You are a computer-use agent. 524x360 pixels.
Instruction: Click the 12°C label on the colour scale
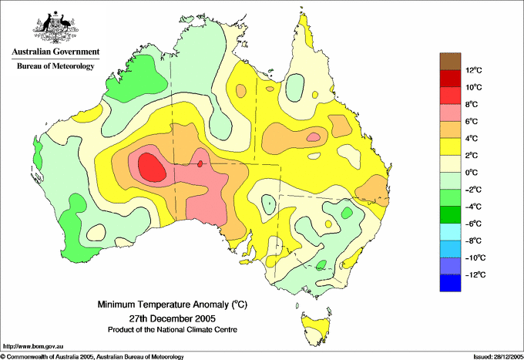click(474, 70)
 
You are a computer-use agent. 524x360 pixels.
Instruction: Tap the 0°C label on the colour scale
click(472, 173)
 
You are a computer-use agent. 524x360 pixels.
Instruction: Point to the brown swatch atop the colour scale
click(450, 62)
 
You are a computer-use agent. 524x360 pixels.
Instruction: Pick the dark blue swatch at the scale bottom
click(450, 283)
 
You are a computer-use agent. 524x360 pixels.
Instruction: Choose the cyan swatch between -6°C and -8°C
click(450, 232)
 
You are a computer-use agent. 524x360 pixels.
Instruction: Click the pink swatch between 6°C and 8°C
click(450, 113)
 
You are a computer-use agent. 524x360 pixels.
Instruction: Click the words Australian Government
click(55, 52)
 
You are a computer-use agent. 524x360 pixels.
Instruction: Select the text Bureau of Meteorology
click(55, 66)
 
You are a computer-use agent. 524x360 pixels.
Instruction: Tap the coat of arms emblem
click(55, 27)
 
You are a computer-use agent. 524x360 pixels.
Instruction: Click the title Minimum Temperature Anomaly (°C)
click(173, 304)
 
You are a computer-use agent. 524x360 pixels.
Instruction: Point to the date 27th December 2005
click(173, 318)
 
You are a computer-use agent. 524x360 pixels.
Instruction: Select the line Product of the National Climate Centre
click(173, 330)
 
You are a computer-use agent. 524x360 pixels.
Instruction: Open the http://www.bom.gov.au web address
click(33, 347)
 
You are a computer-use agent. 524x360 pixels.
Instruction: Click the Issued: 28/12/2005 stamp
click(499, 357)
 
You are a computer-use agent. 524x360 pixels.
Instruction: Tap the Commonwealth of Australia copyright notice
click(92, 357)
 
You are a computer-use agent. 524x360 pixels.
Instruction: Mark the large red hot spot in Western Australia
click(152, 167)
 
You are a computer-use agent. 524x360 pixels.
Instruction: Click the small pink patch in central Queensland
click(314, 136)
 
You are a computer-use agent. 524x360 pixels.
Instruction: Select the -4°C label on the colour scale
click(473, 207)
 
